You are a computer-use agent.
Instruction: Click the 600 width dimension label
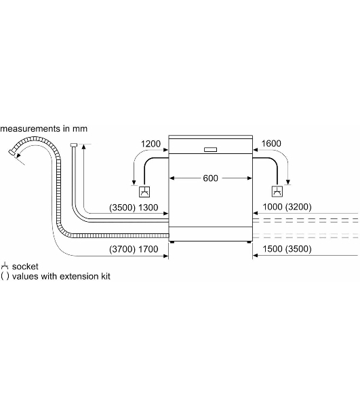click(x=210, y=178)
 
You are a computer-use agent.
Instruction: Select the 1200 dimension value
click(x=151, y=144)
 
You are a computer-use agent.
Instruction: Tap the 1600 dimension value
click(x=271, y=143)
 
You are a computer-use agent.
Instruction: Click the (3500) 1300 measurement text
click(x=134, y=208)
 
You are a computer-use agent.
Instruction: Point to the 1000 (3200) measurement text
click(x=287, y=207)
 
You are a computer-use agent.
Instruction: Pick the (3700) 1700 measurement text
click(x=134, y=249)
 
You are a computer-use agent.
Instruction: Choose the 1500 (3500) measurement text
click(x=287, y=249)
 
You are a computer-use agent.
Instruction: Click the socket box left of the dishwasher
click(x=144, y=192)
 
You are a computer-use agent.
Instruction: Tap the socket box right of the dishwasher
click(x=277, y=191)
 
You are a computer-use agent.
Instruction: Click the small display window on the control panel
click(x=210, y=149)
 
